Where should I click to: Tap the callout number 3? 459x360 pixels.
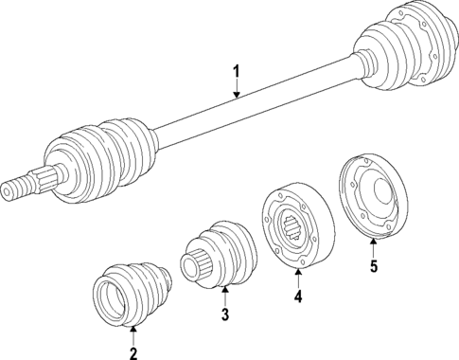(x=225, y=314)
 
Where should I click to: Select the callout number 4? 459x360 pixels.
(x=298, y=297)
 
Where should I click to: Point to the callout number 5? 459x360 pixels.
(x=373, y=266)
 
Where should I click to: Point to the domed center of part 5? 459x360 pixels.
(x=384, y=199)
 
